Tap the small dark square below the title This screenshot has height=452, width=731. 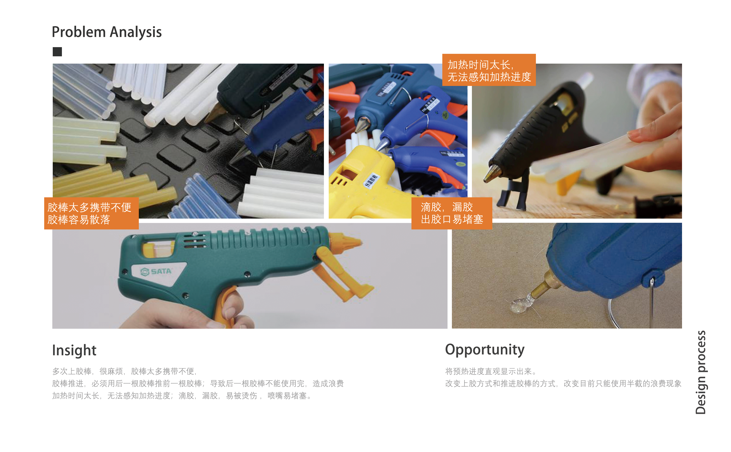point(57,52)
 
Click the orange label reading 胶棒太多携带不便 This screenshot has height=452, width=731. point(91,213)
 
